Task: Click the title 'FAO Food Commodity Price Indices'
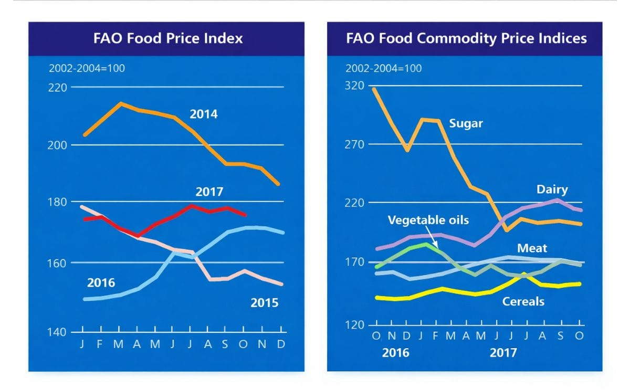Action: tap(466, 38)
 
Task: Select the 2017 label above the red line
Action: tap(209, 192)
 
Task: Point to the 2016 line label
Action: tap(101, 283)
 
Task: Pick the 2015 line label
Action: tap(264, 303)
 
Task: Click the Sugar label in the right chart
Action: tap(466, 124)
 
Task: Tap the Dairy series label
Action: tap(552, 189)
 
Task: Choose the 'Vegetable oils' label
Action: tap(428, 220)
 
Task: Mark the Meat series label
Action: tap(532, 248)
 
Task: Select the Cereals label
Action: tap(523, 301)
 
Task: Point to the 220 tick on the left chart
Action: tap(58, 87)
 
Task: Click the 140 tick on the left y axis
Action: tap(58, 332)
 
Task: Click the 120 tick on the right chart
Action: tap(355, 325)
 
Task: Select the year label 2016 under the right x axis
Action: tap(396, 353)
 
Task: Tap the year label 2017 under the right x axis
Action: tap(503, 353)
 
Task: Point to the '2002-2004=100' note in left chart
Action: tap(87, 68)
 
